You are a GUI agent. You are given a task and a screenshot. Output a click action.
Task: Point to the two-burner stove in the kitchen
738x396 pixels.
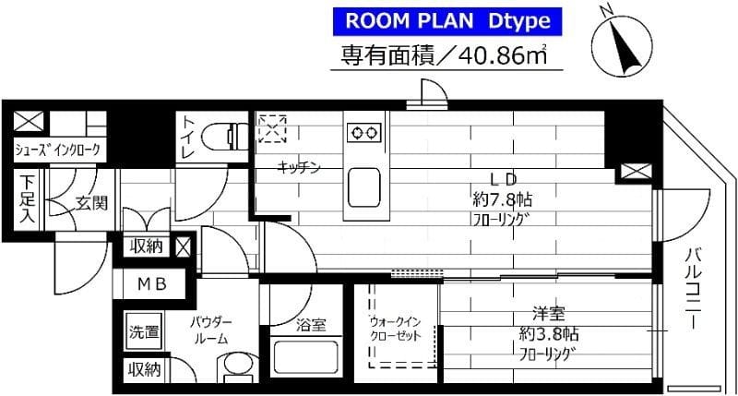coord(363,133)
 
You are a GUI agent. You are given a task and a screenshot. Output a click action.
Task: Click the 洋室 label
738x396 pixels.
coord(545,314)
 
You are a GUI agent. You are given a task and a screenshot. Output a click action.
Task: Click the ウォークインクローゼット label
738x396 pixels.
coord(395,328)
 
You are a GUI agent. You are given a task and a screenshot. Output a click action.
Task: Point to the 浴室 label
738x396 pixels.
coord(311,324)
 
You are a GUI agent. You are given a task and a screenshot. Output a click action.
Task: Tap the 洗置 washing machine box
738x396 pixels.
coord(144,331)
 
